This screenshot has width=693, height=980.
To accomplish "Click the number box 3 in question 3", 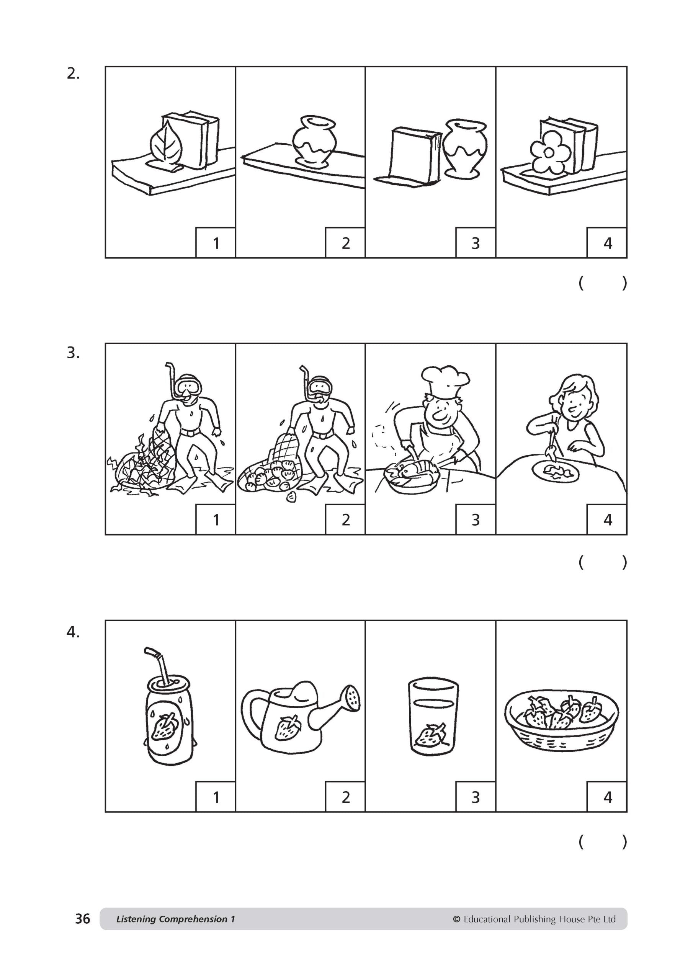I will (x=475, y=519).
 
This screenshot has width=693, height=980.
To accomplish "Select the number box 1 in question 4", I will (x=216, y=797).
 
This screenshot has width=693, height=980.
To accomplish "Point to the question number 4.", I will (x=73, y=632).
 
